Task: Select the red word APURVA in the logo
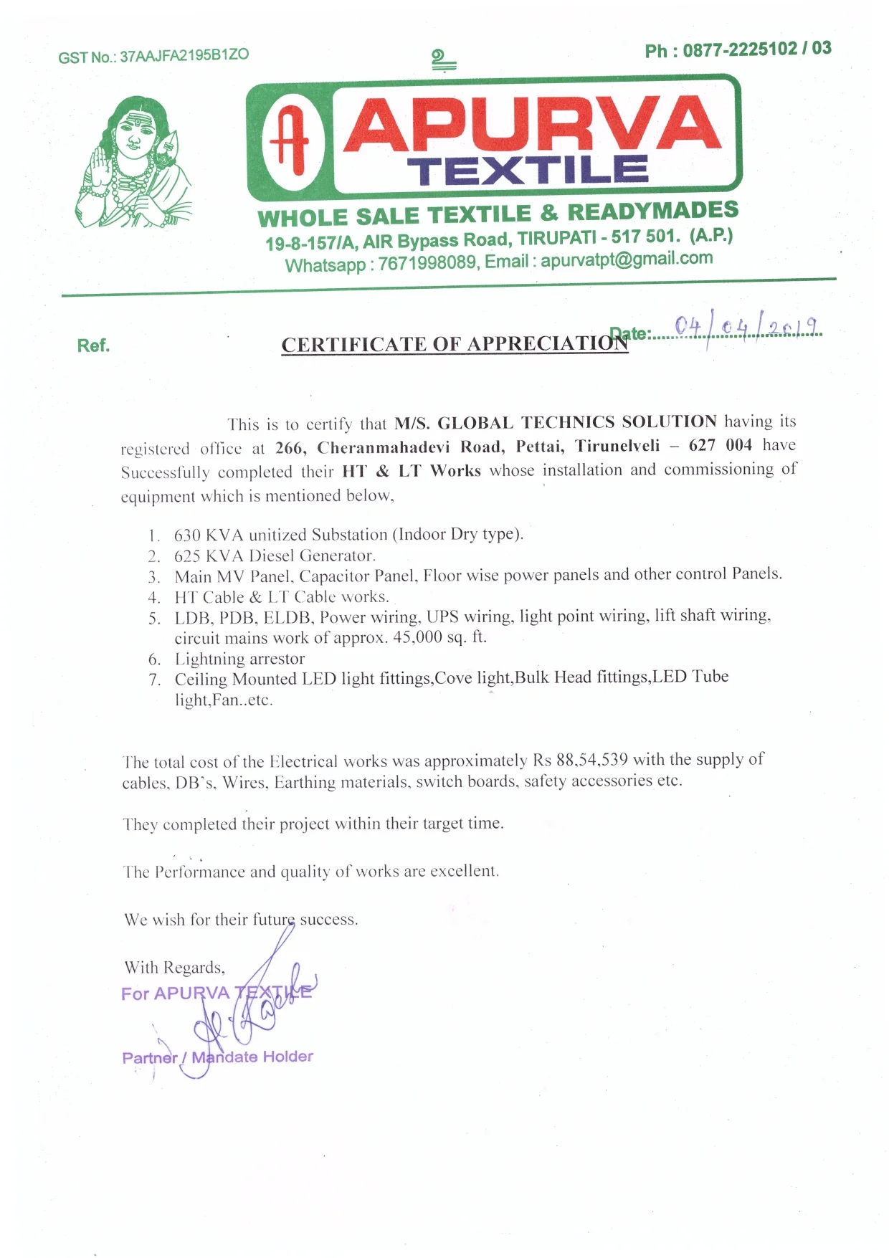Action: click(531, 125)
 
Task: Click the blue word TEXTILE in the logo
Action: click(528, 171)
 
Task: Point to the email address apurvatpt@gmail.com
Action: click(627, 259)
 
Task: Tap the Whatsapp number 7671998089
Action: click(427, 263)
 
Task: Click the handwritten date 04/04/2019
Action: click(746, 328)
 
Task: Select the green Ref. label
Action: click(93, 346)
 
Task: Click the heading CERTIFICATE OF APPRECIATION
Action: click(454, 345)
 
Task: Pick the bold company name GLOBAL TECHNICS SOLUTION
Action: click(577, 421)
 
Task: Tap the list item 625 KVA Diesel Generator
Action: click(275, 556)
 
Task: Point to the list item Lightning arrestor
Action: click(239, 659)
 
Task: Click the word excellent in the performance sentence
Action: click(463, 871)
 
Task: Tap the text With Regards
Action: click(174, 968)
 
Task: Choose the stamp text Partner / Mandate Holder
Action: click(217, 1057)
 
